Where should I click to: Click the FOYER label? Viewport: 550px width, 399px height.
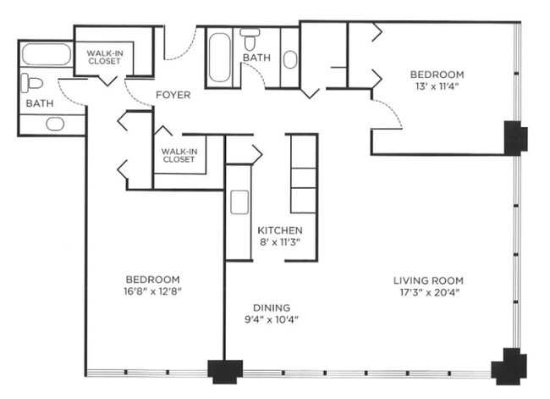tap(173, 95)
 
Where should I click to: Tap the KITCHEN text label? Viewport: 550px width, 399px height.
tap(280, 230)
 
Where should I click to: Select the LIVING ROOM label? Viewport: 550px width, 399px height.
tap(427, 280)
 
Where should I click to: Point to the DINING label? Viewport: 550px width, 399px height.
tap(272, 308)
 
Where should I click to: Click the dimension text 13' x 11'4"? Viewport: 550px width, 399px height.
tap(437, 86)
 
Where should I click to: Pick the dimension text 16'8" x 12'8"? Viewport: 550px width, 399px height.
tap(153, 292)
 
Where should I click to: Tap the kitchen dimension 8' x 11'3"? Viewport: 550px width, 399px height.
tap(280, 242)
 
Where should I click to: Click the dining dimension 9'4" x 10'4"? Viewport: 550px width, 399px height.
tap(272, 320)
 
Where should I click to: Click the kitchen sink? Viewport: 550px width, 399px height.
tap(239, 202)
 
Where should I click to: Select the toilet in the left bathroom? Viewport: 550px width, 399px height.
tap(33, 83)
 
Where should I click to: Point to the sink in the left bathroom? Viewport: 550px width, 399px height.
tap(55, 124)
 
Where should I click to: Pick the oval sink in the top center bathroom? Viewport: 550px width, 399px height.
tap(290, 59)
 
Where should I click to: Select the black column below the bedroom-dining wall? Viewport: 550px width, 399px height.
tap(225, 371)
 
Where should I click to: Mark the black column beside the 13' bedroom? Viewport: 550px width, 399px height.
tap(515, 137)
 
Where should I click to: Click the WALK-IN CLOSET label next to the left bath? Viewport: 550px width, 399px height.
tap(102, 56)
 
